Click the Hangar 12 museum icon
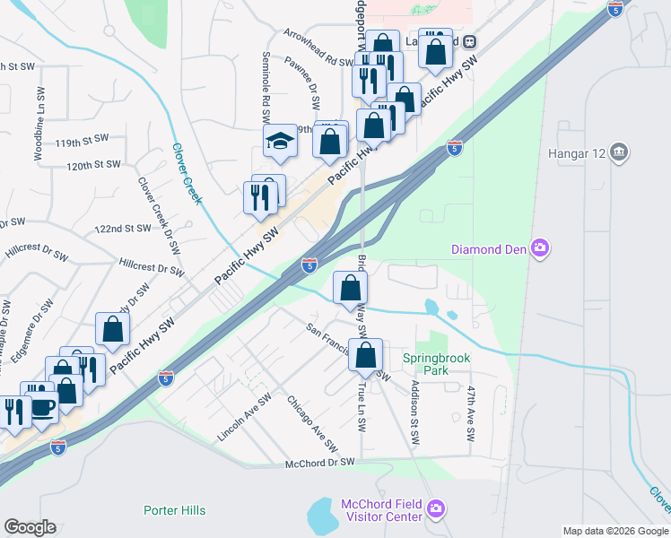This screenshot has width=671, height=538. (x=618, y=152)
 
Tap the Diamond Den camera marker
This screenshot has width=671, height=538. (x=539, y=248)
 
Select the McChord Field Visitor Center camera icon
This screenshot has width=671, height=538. (x=435, y=510)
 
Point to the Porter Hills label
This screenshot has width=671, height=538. (x=174, y=510)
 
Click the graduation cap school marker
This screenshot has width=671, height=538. (x=280, y=142)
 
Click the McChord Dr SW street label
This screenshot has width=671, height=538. (x=320, y=463)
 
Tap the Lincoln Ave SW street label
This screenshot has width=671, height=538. (x=244, y=417)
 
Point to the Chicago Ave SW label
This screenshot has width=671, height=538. (x=312, y=422)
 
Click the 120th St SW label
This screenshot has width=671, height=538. (x=93, y=165)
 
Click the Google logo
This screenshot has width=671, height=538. (x=30, y=527)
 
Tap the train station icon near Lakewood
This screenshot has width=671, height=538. (x=470, y=42)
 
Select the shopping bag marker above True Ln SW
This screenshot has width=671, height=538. (x=366, y=355)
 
